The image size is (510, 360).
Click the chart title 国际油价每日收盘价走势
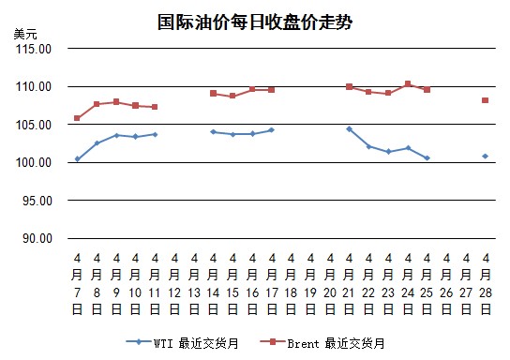tap(255, 22)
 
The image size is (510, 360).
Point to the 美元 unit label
tap(25, 34)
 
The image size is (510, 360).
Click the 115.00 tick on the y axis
tap(34, 49)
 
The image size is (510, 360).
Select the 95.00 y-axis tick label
tap(37, 201)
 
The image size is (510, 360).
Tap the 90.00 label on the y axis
tap(37, 238)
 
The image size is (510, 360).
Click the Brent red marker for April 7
tap(77, 118)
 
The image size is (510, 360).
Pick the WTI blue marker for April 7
tap(78, 159)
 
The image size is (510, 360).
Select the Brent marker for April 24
tap(408, 83)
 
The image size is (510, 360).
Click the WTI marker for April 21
tap(350, 129)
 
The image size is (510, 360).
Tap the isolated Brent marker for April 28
tap(486, 100)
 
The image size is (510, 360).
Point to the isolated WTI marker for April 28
tap(486, 157)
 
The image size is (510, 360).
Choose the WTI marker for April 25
tap(427, 158)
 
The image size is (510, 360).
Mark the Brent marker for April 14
tap(214, 94)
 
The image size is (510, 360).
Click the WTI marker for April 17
tap(272, 130)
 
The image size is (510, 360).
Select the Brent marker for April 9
tap(116, 102)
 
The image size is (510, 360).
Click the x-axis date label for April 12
tap(174, 284)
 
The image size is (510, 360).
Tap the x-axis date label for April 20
tap(330, 284)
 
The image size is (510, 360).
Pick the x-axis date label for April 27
tap(466, 284)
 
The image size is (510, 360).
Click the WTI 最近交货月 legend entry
tap(183, 343)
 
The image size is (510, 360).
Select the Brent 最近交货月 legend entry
tap(322, 343)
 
